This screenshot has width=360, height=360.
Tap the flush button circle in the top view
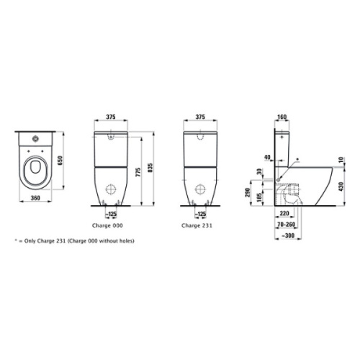pyautogui.click(x=33, y=136)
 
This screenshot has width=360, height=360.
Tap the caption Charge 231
pyautogui.click(x=196, y=224)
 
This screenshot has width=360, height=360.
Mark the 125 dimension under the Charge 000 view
pyautogui.click(x=112, y=214)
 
